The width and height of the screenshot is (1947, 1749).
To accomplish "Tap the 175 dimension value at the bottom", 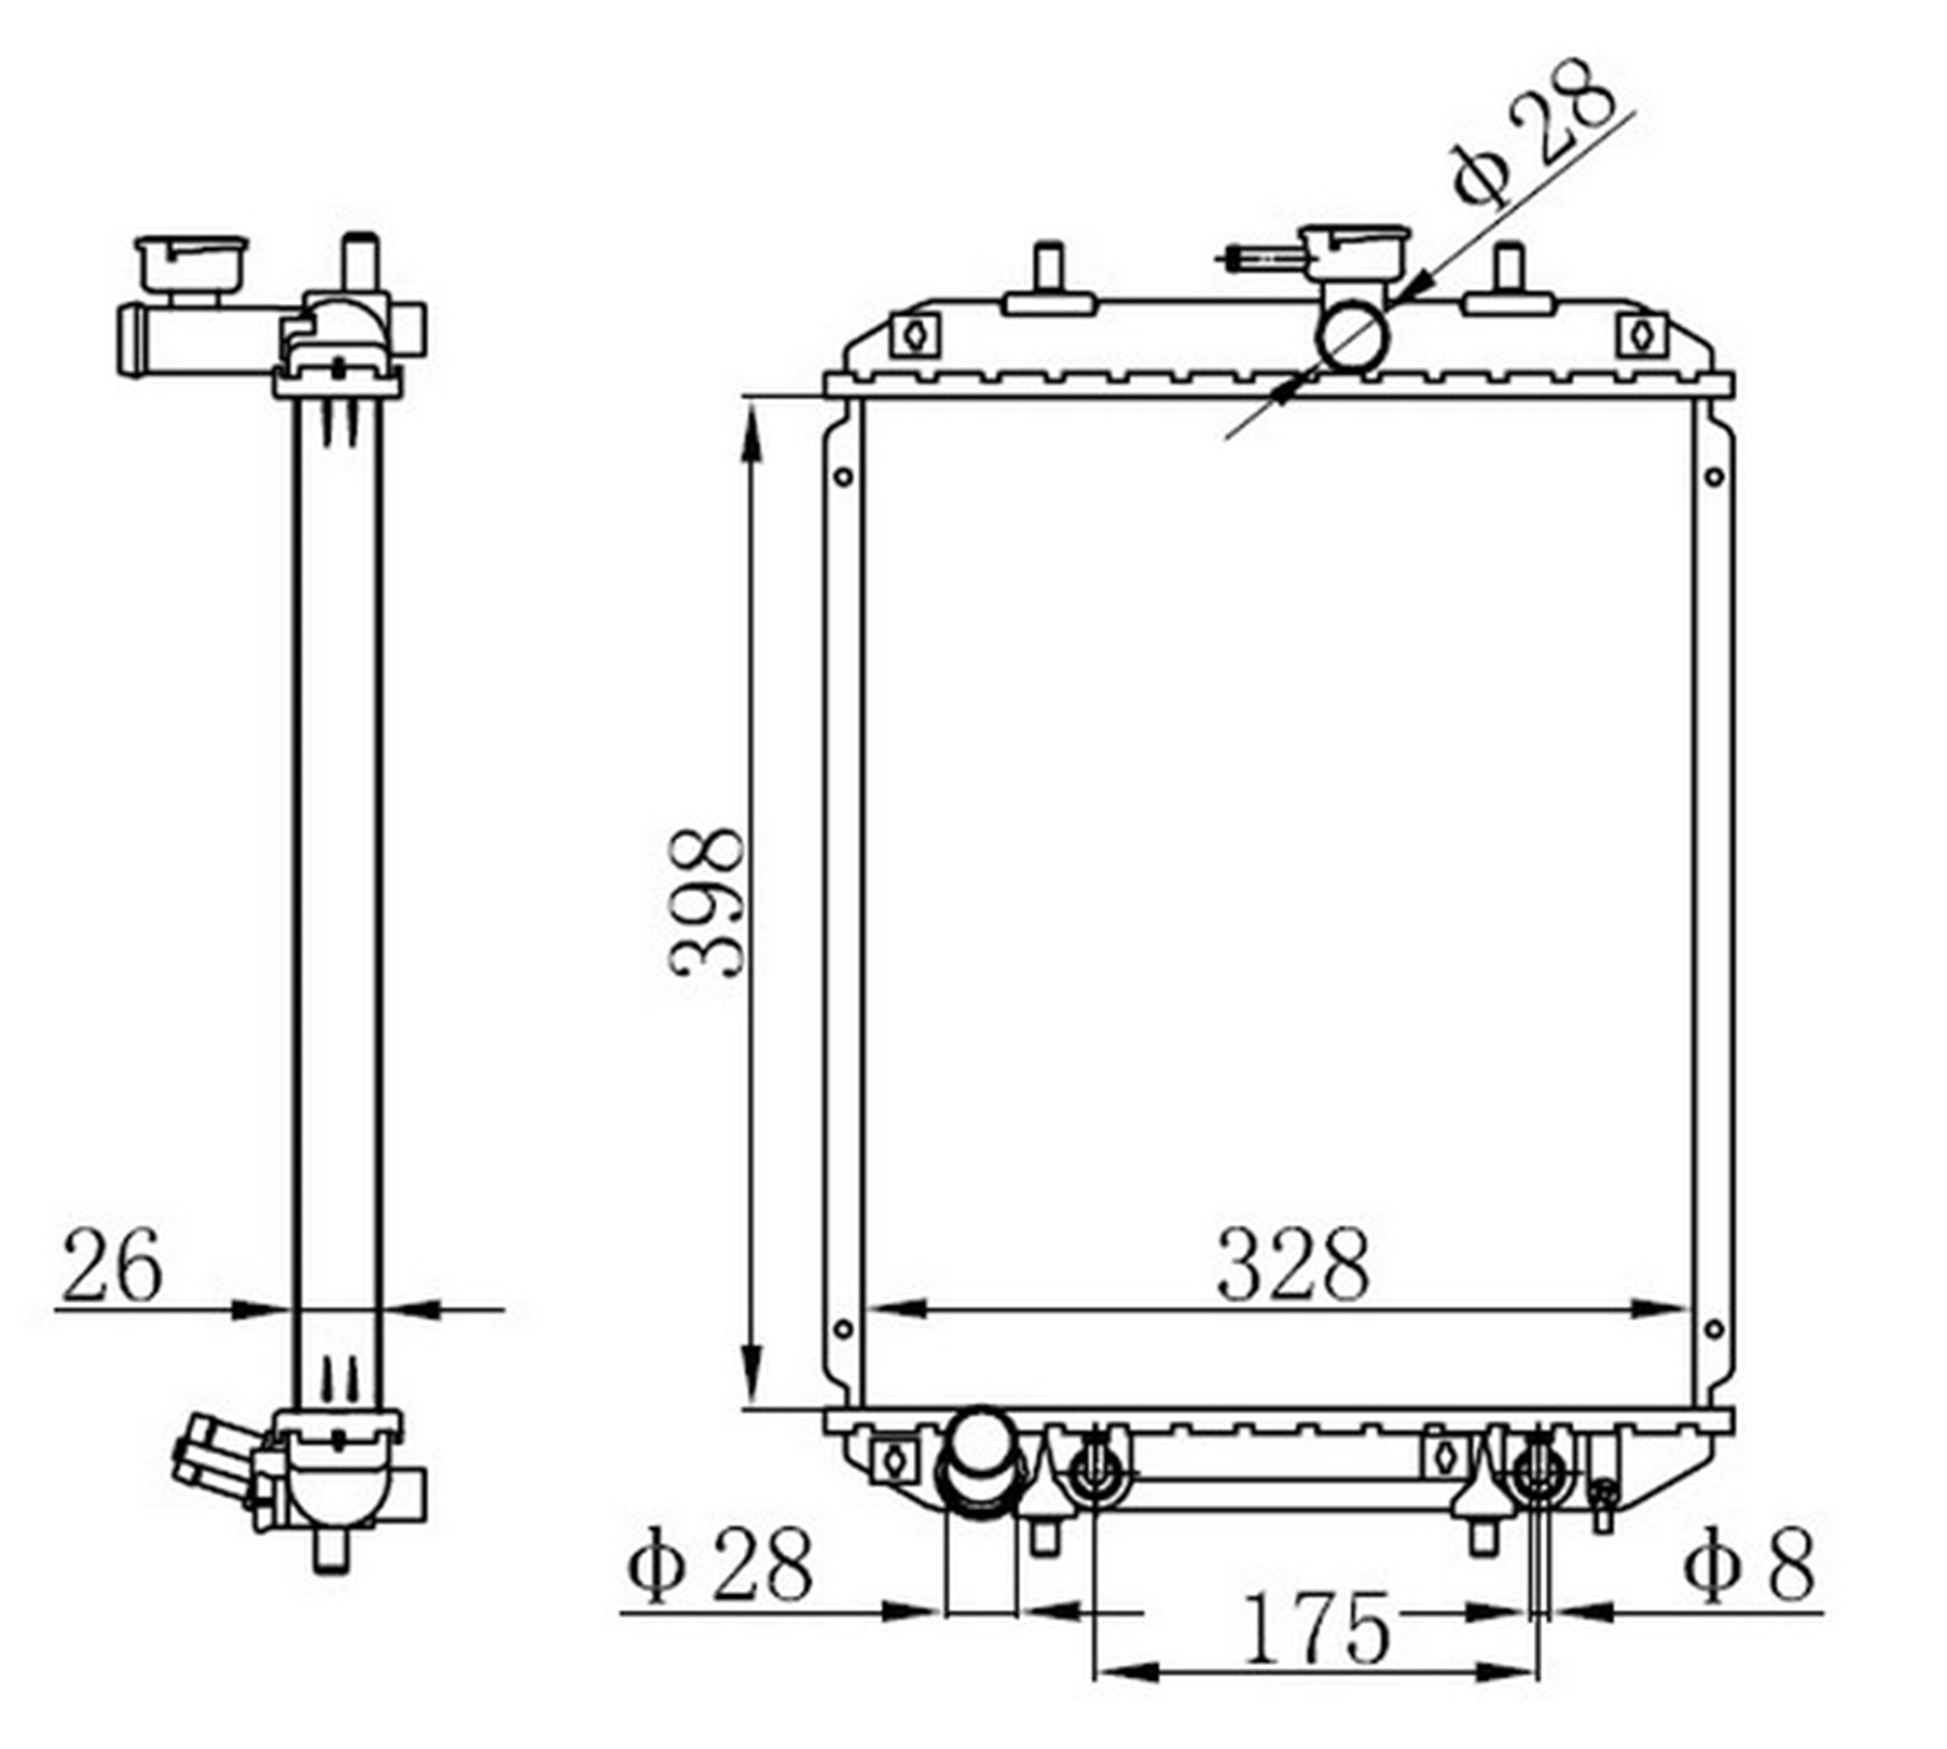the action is tap(1316, 1627).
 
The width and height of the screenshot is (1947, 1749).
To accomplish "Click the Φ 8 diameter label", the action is tap(1749, 1565).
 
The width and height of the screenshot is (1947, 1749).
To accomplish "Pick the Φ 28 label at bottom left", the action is tap(718, 1565).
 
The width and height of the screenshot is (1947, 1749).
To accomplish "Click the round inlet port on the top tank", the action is tap(1352, 336).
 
